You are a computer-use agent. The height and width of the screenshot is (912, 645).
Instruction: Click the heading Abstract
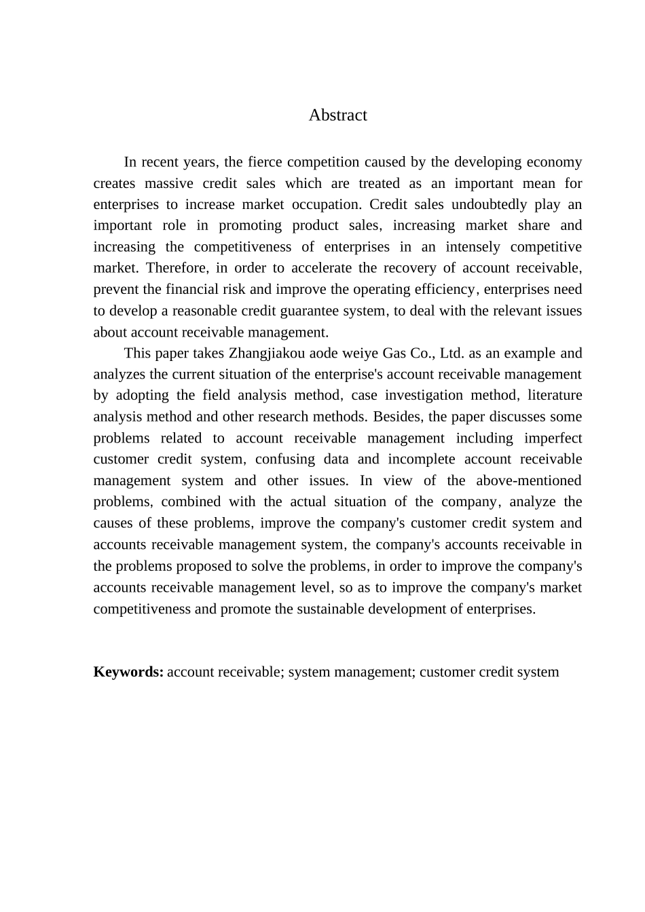[x=337, y=115]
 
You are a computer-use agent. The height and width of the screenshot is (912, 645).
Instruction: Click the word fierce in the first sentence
[x=265, y=162]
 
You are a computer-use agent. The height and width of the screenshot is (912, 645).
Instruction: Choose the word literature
[x=555, y=396]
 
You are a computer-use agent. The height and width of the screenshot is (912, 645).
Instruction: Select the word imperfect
[x=553, y=438]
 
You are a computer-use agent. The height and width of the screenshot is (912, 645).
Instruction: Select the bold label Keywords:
[x=128, y=672]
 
